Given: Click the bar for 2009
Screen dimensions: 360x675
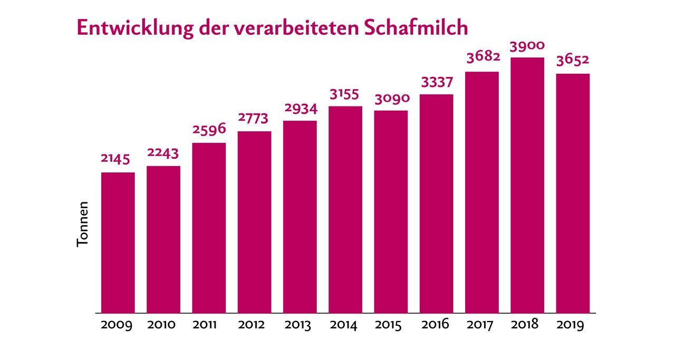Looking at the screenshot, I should [118, 242].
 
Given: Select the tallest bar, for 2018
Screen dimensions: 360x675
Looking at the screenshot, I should [527, 185].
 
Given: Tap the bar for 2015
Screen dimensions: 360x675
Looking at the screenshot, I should [391, 211].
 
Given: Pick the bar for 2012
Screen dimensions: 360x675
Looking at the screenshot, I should [254, 222].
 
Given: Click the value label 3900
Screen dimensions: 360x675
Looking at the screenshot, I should [527, 46].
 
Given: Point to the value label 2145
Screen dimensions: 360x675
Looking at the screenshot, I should [115, 159].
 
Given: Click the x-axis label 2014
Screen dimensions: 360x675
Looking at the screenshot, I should [344, 325].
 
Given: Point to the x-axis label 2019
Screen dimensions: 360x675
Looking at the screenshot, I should [571, 325].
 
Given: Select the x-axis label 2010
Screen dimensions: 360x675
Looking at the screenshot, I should [161, 325].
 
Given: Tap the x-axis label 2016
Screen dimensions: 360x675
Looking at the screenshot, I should [435, 325].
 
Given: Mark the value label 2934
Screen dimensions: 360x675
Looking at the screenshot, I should [300, 109].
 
